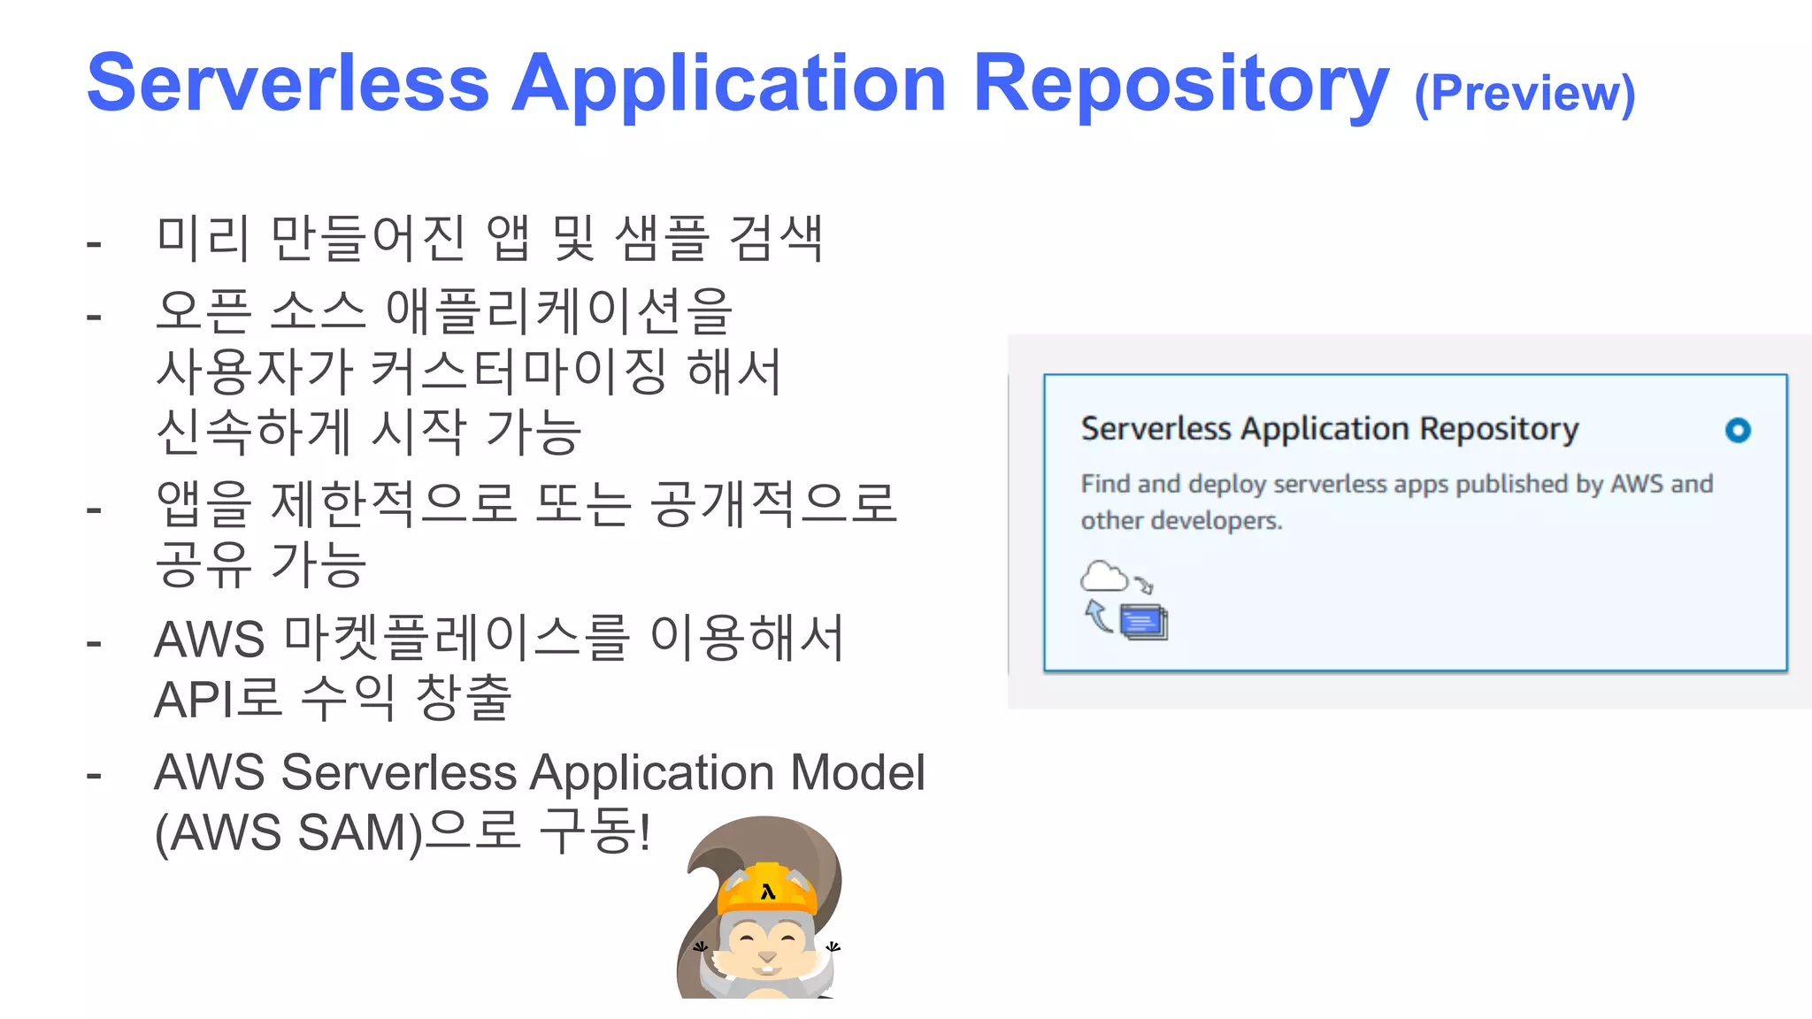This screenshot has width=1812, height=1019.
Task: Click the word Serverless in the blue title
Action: click(288, 83)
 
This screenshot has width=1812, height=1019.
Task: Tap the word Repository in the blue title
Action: click(1180, 85)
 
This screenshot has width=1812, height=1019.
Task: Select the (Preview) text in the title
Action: click(1524, 93)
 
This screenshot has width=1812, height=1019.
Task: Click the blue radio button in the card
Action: click(1738, 431)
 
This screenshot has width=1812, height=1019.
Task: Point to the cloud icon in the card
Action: click(1104, 577)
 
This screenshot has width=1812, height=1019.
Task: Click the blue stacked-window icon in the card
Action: click(1144, 622)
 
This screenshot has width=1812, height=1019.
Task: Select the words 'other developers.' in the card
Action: click(1181, 520)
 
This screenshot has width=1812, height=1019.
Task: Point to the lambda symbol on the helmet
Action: click(768, 892)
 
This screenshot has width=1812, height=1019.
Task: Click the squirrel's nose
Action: click(767, 956)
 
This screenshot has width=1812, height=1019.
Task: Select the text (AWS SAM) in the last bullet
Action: click(288, 832)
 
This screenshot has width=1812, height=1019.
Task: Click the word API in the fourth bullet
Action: click(188, 700)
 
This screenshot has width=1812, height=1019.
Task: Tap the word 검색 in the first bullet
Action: click(776, 239)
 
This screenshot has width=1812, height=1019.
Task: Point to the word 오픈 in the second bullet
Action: click(203, 311)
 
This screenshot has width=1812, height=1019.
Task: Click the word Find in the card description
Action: click(1105, 484)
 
